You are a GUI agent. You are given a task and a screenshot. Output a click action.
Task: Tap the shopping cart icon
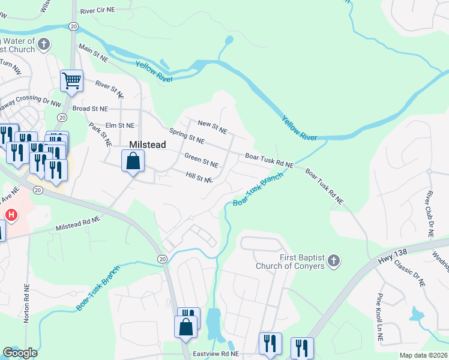pyautogui.click(x=71, y=80)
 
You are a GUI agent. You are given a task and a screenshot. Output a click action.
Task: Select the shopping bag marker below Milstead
pyautogui.click(x=133, y=161)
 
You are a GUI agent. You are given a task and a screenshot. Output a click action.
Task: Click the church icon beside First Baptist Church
pyautogui.click(x=334, y=262)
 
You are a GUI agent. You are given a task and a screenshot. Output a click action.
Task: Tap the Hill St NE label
pyautogui.click(x=199, y=178)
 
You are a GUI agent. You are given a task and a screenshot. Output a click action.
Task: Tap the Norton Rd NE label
pyautogui.click(x=26, y=303)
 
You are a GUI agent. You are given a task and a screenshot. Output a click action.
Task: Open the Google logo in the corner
pyautogui.click(x=20, y=353)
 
